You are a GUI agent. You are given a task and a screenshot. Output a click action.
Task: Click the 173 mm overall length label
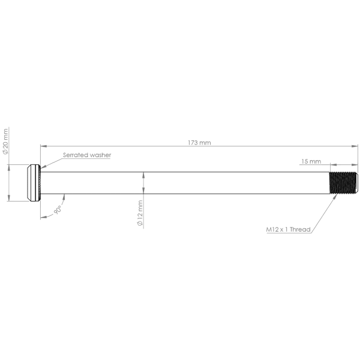pyautogui.click(x=199, y=143)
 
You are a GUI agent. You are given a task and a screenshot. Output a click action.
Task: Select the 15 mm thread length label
pyautogui.click(x=311, y=161)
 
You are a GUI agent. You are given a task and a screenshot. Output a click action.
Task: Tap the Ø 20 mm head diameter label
pyautogui.click(x=6, y=142)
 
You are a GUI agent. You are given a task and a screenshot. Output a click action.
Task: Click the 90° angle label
pyautogui.click(x=58, y=210)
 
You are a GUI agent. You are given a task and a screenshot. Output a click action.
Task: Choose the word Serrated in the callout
pyautogui.click(x=75, y=155)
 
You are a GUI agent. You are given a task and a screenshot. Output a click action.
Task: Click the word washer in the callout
pyautogui.click(x=100, y=155)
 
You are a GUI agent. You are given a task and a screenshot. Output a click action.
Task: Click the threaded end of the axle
pyautogui.click(x=344, y=184)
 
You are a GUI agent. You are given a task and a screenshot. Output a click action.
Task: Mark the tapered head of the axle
pyautogui.click(x=32, y=184)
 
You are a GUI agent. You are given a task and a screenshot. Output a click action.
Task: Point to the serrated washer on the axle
pyautogui.click(x=39, y=184)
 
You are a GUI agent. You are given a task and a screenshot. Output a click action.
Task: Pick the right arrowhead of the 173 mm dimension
pyautogui.click(x=355, y=145)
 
